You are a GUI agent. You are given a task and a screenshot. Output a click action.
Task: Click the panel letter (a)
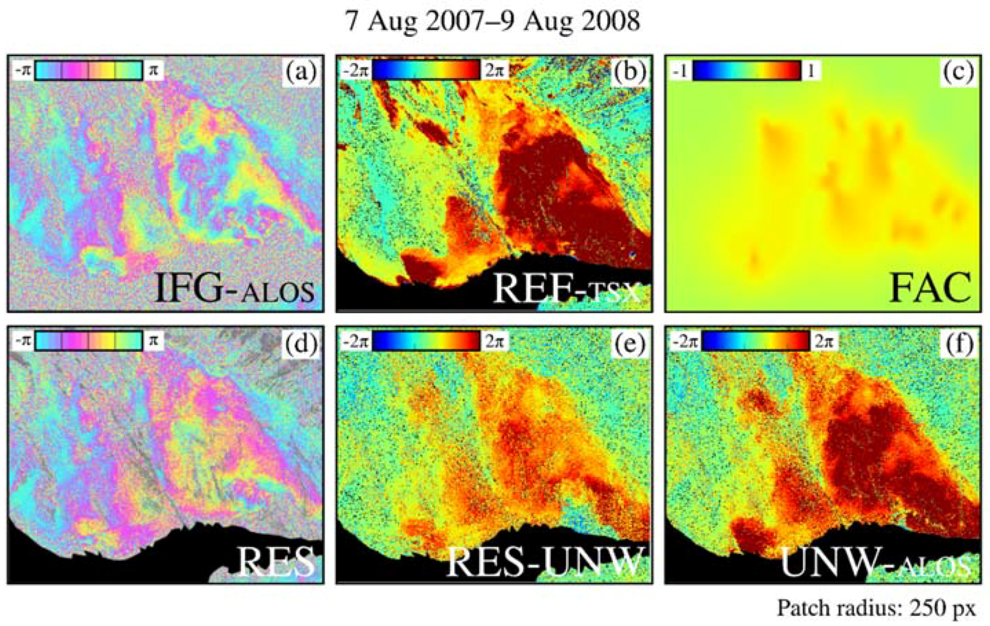tap(301, 72)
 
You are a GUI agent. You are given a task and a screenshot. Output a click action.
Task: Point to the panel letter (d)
tap(301, 343)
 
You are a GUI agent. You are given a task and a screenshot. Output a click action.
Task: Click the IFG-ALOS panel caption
tap(234, 288)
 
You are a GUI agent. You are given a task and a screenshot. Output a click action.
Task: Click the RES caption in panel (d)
tap(276, 561)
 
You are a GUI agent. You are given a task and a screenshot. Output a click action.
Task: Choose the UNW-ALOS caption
tap(875, 562)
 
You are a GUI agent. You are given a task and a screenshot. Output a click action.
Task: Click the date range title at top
tap(493, 21)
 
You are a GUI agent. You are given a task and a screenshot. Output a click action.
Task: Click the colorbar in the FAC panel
tap(747, 71)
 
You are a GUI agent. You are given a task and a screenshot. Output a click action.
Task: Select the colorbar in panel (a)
tap(89, 70)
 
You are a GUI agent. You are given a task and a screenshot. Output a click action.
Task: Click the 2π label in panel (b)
tap(494, 71)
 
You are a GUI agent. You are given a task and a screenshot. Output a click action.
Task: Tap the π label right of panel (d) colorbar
tap(153, 341)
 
